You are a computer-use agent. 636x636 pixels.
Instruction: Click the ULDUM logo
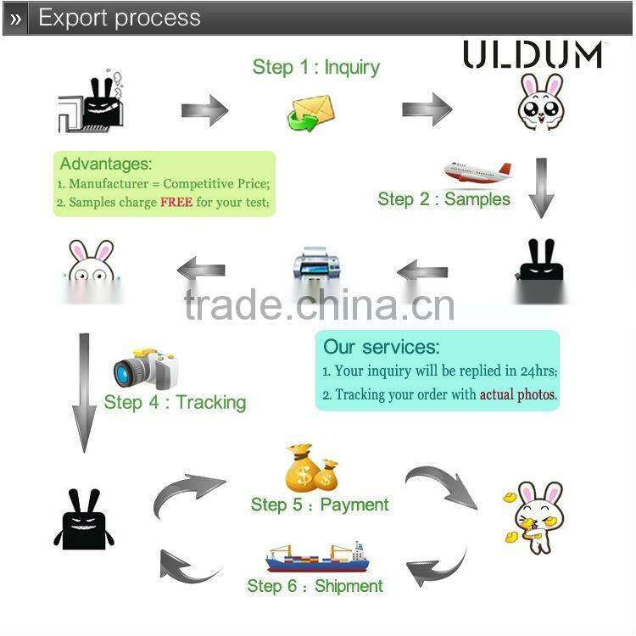[533, 54]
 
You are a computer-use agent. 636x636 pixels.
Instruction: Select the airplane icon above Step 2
[477, 172]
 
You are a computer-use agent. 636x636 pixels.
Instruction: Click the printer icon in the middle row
[315, 269]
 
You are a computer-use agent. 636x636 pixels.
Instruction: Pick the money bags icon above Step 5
[311, 468]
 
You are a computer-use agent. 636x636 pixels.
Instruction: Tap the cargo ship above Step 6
[315, 557]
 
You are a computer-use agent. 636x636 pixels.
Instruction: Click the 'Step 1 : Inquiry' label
[315, 68]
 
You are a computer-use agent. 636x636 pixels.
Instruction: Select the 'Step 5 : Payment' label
[320, 505]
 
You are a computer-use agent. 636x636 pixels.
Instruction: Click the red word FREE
[176, 203]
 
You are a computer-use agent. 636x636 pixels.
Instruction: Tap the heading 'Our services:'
[381, 347]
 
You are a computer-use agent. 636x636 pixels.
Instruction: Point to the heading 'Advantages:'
[106, 164]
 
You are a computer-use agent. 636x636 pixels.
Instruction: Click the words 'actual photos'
[517, 394]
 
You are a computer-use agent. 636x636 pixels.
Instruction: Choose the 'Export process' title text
[120, 18]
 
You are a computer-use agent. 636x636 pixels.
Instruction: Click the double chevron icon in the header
[16, 18]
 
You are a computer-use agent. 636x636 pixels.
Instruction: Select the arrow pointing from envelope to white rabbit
[427, 109]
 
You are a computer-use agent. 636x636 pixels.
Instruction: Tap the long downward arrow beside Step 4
[84, 391]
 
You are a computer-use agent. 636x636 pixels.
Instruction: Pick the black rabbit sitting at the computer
[92, 102]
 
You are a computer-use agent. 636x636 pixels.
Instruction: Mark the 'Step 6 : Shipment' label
[315, 586]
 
